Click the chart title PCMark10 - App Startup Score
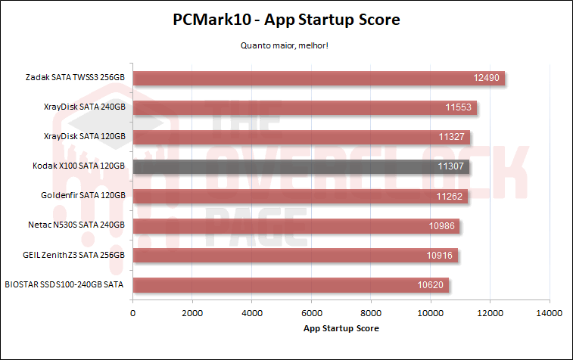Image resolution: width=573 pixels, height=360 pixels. tap(286, 20)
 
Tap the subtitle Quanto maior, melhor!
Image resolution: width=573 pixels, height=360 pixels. tap(286, 45)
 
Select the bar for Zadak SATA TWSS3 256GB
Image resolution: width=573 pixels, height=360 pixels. tap(319, 78)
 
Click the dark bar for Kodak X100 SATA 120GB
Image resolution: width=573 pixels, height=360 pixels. tap(301, 166)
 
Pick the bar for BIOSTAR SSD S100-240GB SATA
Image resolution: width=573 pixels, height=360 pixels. tap(291, 285)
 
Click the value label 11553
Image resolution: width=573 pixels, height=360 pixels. tap(458, 107)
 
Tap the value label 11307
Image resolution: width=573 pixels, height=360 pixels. tap(451, 166)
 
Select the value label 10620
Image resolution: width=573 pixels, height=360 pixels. tap(431, 285)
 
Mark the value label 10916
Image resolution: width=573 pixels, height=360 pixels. tap(440, 256)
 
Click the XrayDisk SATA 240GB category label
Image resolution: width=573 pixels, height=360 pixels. tap(84, 107)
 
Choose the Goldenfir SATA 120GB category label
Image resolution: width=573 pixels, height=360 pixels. tap(83, 196)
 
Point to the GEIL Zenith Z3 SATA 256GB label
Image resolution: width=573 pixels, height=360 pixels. tap(73, 256)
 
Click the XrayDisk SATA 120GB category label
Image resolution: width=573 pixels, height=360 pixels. tap(84, 137)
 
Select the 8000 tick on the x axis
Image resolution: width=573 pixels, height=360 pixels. tap(371, 312)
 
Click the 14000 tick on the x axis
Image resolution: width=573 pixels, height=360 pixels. tap(549, 312)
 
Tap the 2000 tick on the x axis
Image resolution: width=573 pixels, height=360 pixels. tap(192, 312)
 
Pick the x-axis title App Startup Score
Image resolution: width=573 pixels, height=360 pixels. tap(341, 328)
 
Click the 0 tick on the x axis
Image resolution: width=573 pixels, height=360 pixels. tap(133, 312)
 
